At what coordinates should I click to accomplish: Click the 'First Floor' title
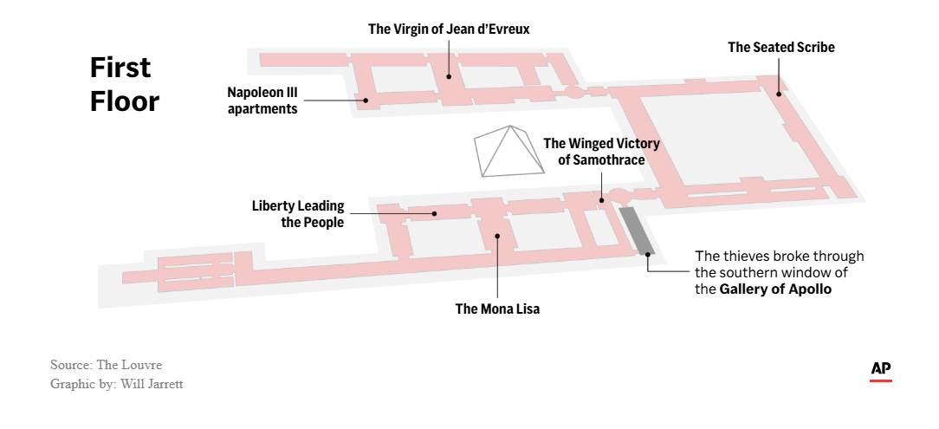click(125, 84)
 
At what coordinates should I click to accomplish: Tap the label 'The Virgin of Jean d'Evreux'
click(449, 29)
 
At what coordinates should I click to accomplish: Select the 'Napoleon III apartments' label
click(262, 100)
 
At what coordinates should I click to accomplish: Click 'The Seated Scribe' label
click(781, 48)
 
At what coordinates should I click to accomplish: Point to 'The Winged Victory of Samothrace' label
click(602, 152)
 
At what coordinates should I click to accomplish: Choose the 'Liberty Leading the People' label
click(298, 214)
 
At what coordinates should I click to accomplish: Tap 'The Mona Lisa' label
click(497, 309)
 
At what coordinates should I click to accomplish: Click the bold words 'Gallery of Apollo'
click(775, 289)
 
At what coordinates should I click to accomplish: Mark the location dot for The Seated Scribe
click(779, 94)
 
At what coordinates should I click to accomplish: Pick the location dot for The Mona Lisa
click(497, 235)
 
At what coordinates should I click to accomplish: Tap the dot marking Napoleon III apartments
click(366, 100)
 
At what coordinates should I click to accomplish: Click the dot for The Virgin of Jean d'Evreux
click(449, 76)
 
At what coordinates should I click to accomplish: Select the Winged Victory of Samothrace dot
click(602, 200)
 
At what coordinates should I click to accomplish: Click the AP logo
click(881, 370)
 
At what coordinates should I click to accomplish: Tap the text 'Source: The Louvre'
click(106, 365)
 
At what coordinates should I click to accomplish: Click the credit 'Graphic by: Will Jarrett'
click(117, 383)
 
